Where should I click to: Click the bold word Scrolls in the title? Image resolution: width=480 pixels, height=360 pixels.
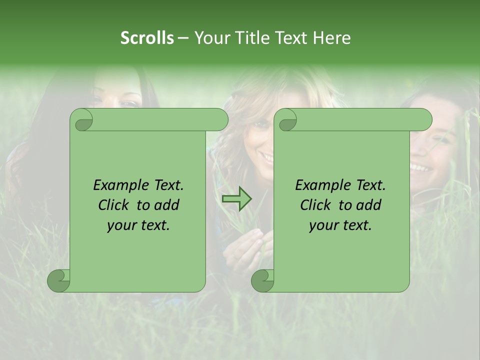pos(147,38)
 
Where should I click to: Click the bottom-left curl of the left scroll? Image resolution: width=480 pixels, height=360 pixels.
pos(59,280)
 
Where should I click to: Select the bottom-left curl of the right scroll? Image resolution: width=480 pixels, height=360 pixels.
pos(262,280)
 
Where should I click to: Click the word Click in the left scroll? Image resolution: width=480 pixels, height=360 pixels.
pos(113,205)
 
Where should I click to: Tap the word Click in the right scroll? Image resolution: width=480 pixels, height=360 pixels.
pos(315,205)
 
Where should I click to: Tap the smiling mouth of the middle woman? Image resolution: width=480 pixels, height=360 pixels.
pos(266,159)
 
